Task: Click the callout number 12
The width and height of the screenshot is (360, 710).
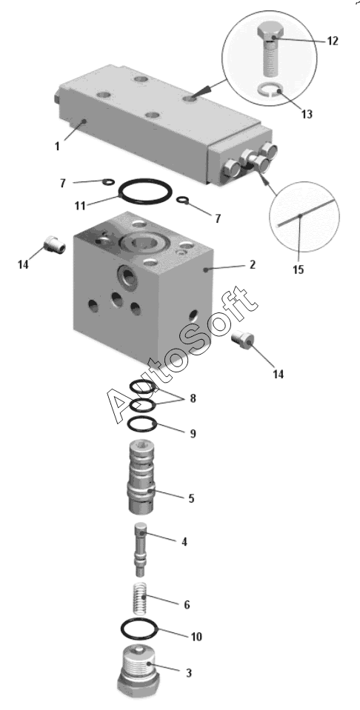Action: pyautogui.click(x=332, y=41)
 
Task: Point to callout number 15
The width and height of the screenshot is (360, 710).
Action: pyautogui.click(x=298, y=269)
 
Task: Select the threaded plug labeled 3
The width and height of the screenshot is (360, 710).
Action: pyautogui.click(x=139, y=674)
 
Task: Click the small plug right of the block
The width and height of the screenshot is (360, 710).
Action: pyautogui.click(x=243, y=340)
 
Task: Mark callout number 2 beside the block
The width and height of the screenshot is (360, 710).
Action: pyautogui.click(x=253, y=264)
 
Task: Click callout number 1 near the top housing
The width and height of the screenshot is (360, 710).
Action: pyautogui.click(x=57, y=147)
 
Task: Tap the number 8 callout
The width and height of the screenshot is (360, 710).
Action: pyautogui.click(x=193, y=398)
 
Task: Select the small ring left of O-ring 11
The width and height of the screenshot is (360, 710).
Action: pyautogui.click(x=108, y=182)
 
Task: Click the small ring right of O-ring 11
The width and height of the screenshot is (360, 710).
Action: pyautogui.click(x=183, y=200)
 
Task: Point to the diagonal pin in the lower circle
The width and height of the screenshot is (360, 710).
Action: pyautogui.click(x=304, y=213)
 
